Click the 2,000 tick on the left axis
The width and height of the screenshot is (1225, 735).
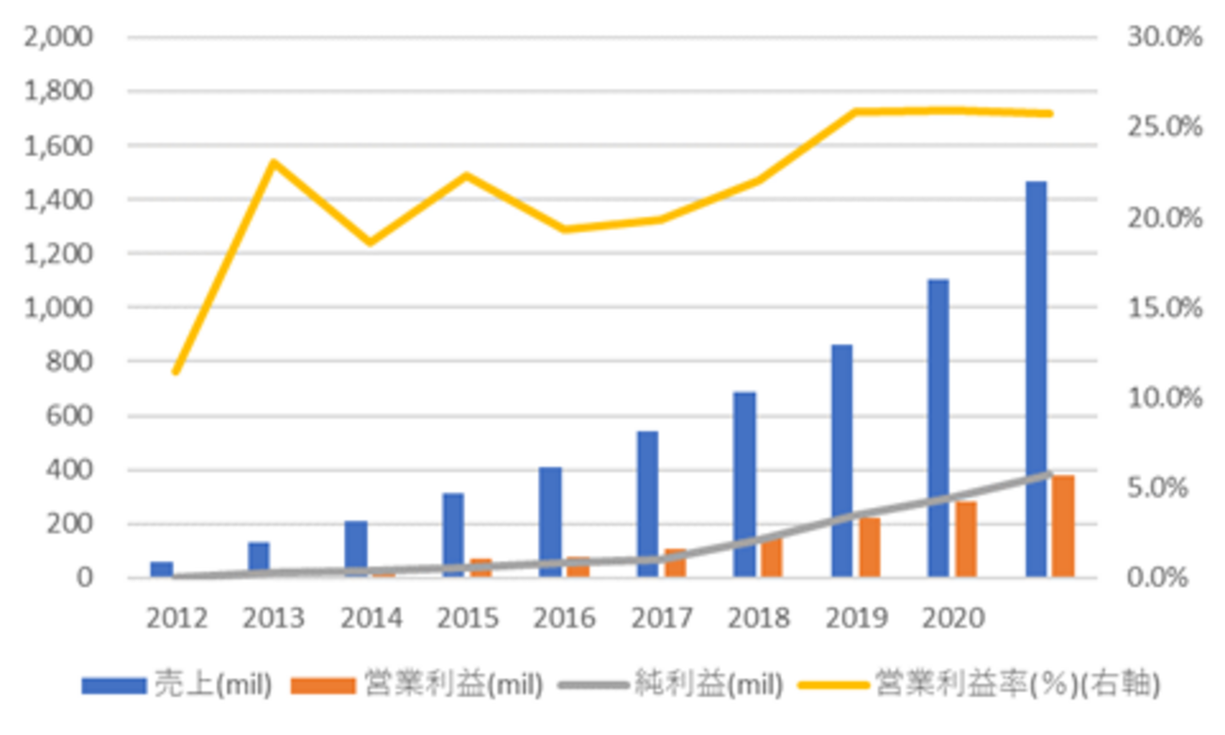click(x=61, y=38)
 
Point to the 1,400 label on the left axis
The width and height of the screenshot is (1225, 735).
click(x=61, y=200)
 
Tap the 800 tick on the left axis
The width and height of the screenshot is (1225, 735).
click(x=75, y=362)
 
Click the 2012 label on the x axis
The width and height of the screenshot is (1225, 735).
click(x=177, y=618)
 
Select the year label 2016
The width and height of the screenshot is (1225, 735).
click(x=564, y=618)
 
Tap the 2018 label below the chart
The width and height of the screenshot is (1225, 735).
click(x=759, y=618)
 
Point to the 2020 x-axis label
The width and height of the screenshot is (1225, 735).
click(x=953, y=618)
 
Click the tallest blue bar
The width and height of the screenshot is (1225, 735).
click(x=1037, y=377)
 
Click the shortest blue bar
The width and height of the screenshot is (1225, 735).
click(x=162, y=569)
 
